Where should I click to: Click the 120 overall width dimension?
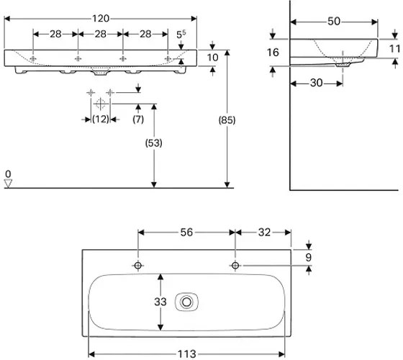point(101,19)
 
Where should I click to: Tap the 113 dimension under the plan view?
point(187,354)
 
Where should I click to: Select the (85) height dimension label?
point(227,120)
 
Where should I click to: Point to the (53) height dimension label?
point(154,143)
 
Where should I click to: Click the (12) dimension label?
point(101,120)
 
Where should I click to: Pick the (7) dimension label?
point(138,120)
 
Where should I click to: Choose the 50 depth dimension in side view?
point(334,22)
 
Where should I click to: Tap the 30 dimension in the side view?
point(317,83)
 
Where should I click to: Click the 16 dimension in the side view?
point(273,53)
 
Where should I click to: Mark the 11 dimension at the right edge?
point(395,49)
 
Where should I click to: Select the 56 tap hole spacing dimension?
point(186,232)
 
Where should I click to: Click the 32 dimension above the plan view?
point(265,232)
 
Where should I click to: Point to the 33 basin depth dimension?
point(160,302)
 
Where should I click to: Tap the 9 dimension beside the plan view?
point(309,257)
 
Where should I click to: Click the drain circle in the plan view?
point(186,302)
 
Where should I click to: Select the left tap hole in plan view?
point(137,266)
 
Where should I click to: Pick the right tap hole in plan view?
point(235,266)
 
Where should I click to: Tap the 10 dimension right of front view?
point(212,58)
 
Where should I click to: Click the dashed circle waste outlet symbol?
point(100,104)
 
